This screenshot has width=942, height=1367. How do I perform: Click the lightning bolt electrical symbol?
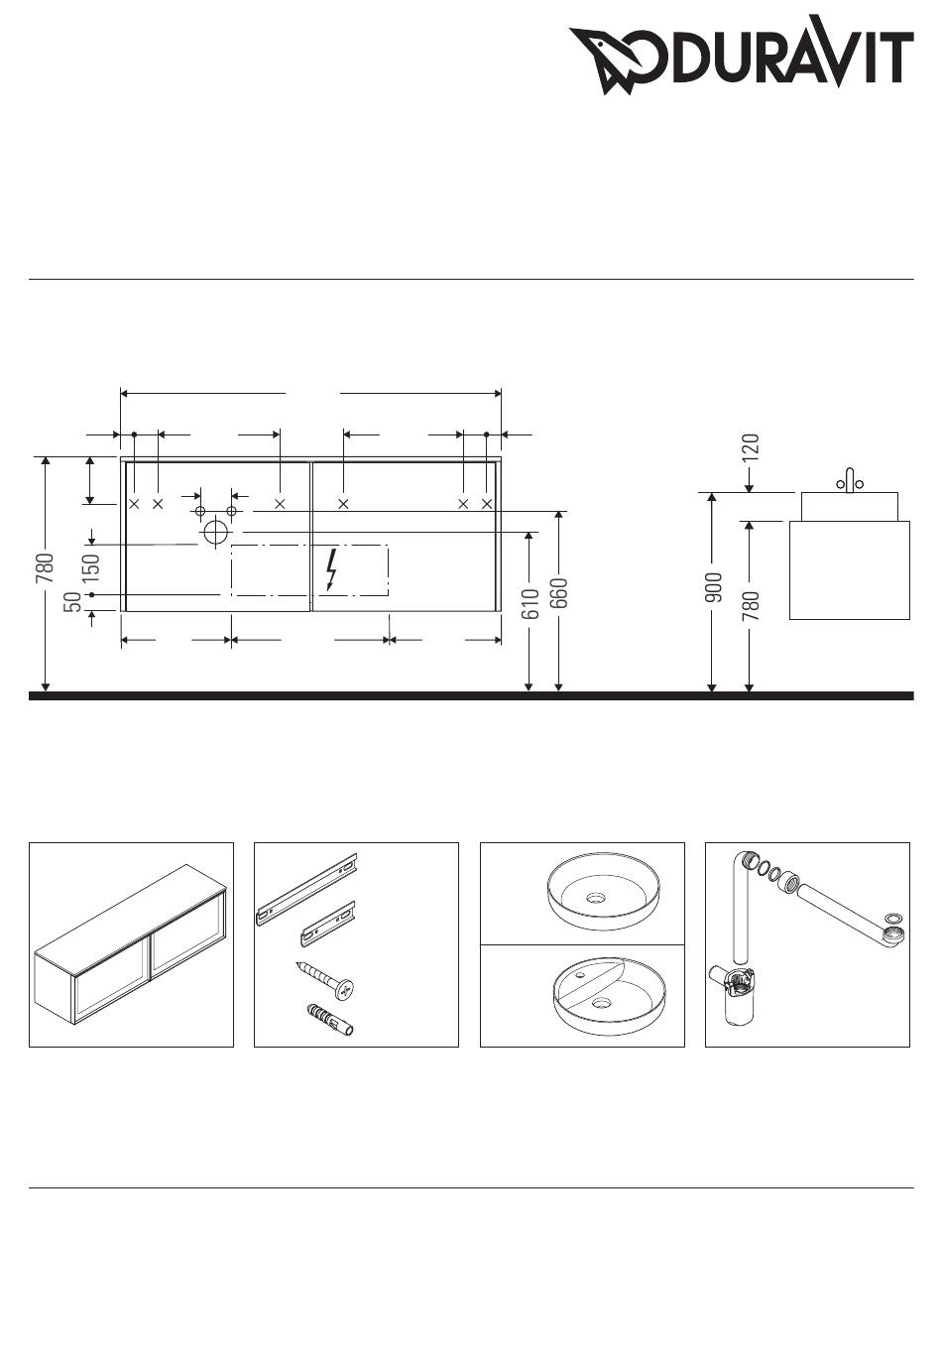(331, 569)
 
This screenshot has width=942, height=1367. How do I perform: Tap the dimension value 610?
(531, 603)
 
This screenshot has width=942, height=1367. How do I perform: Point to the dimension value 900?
(713, 587)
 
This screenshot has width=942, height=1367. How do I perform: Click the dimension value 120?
(751, 446)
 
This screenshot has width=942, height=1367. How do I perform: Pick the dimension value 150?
(91, 567)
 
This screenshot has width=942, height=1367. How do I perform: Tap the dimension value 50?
(72, 602)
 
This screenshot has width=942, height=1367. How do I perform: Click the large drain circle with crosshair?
(215, 532)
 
